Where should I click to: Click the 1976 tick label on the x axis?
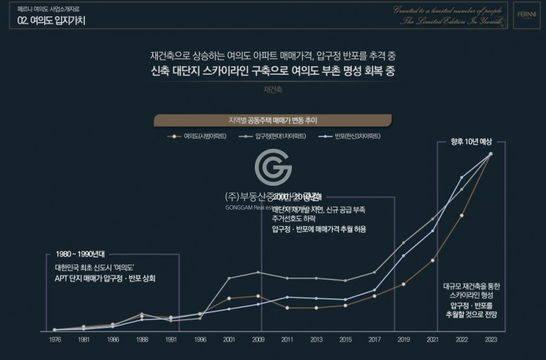[x=55, y=339]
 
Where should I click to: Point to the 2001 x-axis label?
[x=229, y=339]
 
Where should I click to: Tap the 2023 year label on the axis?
[x=491, y=339]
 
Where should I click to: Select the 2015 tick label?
[x=345, y=339]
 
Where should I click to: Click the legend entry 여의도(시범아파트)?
[x=201, y=136]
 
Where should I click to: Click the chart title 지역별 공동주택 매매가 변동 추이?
[x=272, y=120]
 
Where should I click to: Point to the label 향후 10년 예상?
[x=473, y=142]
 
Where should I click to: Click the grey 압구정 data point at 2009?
[x=258, y=272]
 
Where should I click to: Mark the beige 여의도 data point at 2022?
[x=461, y=215]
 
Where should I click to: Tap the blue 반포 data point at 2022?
[x=461, y=177]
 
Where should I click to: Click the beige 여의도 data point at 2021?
[x=432, y=261]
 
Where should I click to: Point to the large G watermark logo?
[x=273, y=168]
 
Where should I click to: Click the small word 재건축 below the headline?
[x=272, y=90]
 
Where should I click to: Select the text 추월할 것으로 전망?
[x=471, y=315]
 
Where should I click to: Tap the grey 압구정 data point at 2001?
[x=229, y=278]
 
